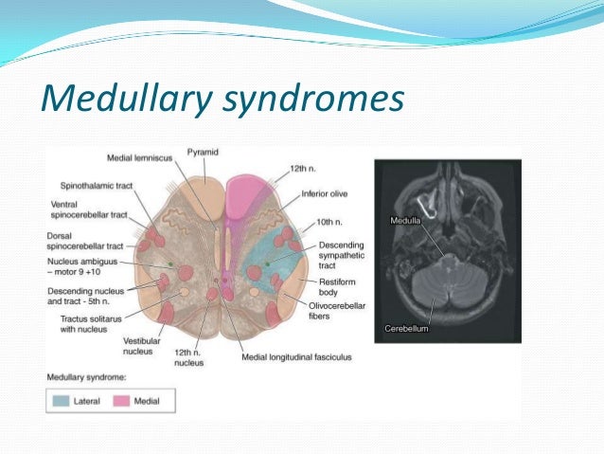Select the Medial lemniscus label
point(147,155)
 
